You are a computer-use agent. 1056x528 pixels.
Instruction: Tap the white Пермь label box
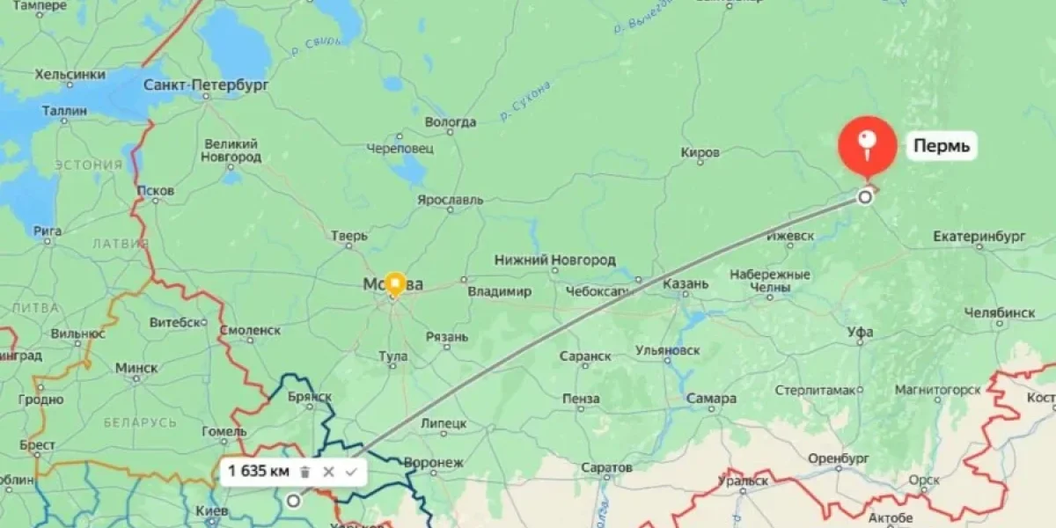(x=942, y=146)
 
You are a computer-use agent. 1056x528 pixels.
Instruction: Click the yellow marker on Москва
(x=394, y=283)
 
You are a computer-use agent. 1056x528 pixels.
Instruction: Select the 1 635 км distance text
(x=259, y=472)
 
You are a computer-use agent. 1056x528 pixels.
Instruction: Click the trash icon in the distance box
(x=304, y=472)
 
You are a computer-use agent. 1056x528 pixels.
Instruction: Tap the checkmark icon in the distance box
(x=351, y=472)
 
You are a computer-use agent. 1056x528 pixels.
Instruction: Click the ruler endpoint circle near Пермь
(x=865, y=197)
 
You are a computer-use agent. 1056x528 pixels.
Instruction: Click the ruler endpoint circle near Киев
(x=293, y=501)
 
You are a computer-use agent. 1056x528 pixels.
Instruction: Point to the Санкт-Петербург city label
(x=206, y=85)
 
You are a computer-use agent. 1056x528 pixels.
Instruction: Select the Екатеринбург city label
(x=979, y=237)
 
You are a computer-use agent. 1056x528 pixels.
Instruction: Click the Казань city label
(x=686, y=284)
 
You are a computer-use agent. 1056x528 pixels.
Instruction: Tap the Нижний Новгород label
(x=554, y=260)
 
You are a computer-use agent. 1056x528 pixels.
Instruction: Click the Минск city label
(x=136, y=367)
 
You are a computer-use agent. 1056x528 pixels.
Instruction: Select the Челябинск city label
(x=999, y=312)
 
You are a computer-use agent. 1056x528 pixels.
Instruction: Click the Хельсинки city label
(x=70, y=75)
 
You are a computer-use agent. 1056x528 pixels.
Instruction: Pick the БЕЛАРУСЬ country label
(x=140, y=422)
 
